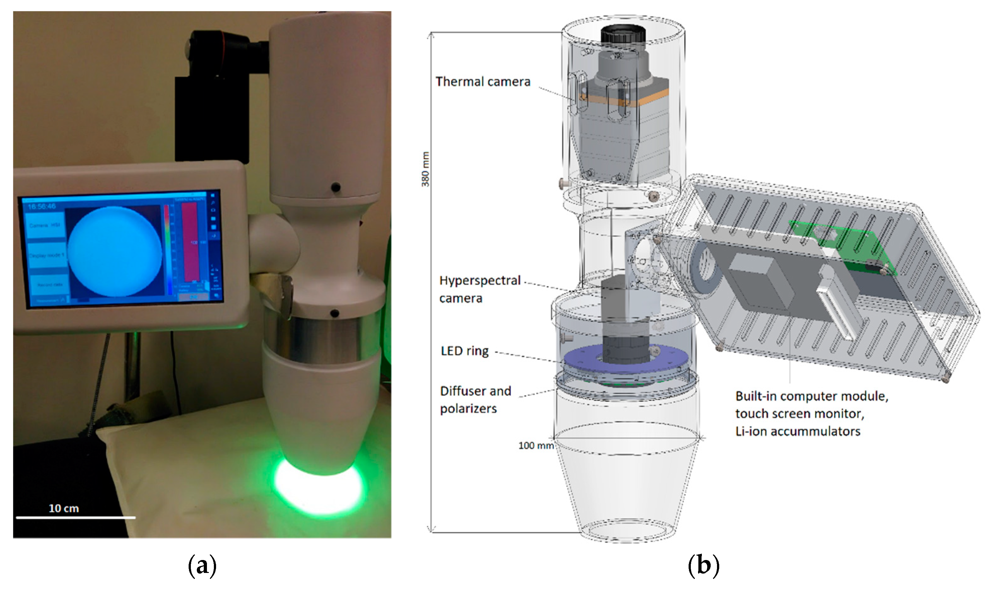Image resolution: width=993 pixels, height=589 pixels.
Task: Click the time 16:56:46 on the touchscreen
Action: click(42, 206)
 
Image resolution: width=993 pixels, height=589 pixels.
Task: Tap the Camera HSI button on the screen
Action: click(44, 225)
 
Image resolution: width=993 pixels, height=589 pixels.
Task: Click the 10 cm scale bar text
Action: click(63, 508)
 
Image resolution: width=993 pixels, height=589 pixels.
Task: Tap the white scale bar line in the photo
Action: click(75, 517)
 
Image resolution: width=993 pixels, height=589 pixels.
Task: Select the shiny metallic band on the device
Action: click(322, 338)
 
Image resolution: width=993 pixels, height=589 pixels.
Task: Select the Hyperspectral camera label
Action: click(479, 289)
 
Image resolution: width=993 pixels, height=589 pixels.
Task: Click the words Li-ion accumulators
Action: click(797, 431)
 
